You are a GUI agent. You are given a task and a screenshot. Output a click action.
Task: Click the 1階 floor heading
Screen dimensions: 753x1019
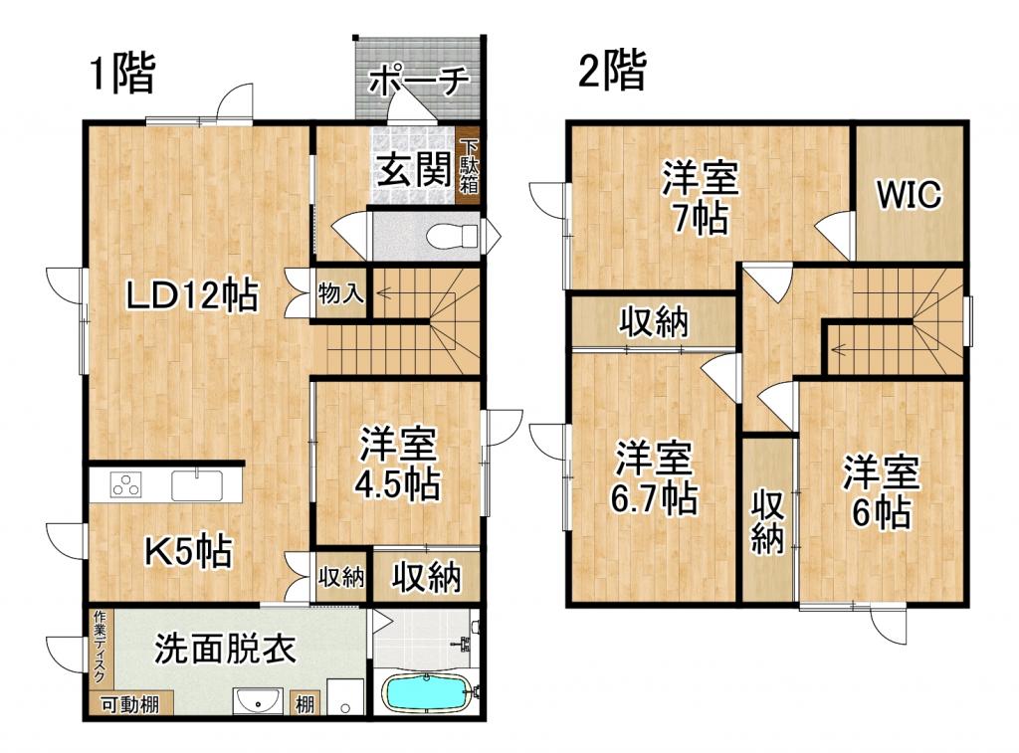coord(123,75)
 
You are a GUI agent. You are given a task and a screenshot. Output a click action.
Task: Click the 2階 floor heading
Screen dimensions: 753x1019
coord(612,71)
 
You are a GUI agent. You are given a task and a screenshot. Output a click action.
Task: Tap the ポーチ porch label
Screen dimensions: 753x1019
coord(418,83)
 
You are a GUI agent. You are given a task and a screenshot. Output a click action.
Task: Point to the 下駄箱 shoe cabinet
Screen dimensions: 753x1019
coord(469,166)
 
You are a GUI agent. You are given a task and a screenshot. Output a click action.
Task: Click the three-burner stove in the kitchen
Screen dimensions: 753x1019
coord(126,486)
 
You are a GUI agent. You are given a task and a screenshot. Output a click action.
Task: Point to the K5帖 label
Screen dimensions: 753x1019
coord(189,550)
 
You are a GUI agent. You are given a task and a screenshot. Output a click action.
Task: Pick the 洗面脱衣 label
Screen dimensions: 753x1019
coord(225,650)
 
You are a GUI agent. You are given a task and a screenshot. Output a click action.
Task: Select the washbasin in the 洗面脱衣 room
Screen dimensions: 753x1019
coord(259,701)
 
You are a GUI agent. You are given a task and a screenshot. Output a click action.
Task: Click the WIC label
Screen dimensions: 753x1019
coord(908,195)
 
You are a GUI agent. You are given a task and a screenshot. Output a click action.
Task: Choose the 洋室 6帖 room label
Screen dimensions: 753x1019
coord(881,491)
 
